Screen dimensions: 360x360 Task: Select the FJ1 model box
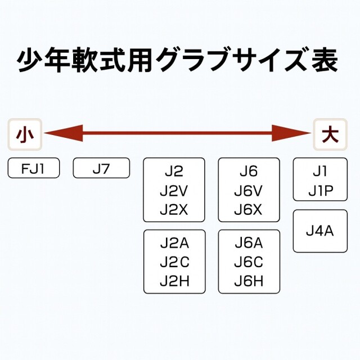tap(34, 168)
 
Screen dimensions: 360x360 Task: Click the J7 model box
tap(101, 168)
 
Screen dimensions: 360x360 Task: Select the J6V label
tap(249, 190)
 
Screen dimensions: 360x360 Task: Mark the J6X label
tap(249, 209)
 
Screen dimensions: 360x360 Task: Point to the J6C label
tap(249, 262)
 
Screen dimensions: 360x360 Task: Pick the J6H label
tap(249, 281)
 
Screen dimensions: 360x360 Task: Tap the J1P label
tap(320, 191)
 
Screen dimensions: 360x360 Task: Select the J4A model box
tap(320, 231)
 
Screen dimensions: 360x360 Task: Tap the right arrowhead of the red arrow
tap(292, 134)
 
